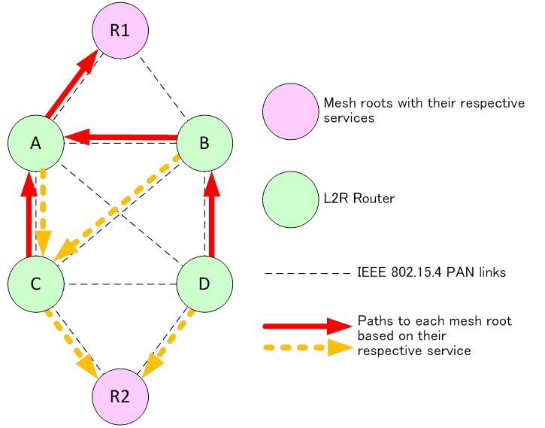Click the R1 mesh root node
(120, 30)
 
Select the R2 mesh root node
(120, 396)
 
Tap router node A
(36, 143)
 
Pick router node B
(204, 143)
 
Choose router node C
(36, 284)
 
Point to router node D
(204, 284)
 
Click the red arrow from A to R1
(71, 83)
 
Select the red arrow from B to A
(121, 137)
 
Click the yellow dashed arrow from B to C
(117, 208)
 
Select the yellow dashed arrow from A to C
(43, 213)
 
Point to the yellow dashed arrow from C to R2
(71, 344)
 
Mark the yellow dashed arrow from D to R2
(168, 344)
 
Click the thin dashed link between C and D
(120, 284)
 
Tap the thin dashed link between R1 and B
(162, 87)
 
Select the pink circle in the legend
(291, 111)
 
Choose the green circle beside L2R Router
(291, 199)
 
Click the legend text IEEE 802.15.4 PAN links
(431, 272)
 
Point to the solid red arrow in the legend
(307, 326)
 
